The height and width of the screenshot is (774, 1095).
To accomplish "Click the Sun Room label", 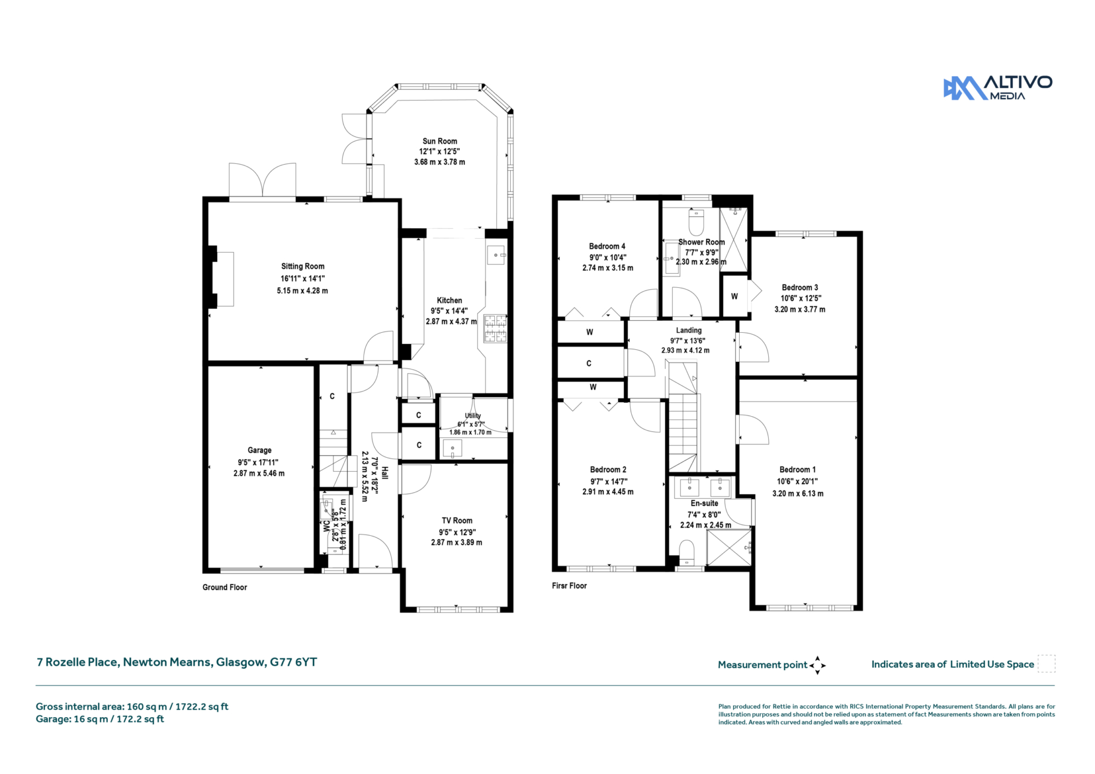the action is (440, 141).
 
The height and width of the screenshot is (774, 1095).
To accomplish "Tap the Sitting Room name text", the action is (303, 267).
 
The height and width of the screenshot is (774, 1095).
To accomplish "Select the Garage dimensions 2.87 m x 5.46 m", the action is (259, 473).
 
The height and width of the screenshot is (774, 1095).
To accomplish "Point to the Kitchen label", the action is (449, 301).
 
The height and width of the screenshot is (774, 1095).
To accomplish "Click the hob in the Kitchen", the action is (495, 328).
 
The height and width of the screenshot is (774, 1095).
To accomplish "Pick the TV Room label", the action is (457, 521).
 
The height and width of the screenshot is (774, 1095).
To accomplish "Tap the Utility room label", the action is (473, 416).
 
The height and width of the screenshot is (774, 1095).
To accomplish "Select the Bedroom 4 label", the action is (607, 246).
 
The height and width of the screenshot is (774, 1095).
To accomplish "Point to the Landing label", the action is (689, 331).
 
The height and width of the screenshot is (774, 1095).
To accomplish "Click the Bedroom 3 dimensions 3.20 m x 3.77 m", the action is (800, 309).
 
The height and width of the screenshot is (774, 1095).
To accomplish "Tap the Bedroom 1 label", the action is (798, 470).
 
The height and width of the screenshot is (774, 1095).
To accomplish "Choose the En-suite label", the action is (705, 504).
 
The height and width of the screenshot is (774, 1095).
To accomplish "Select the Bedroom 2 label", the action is (608, 470).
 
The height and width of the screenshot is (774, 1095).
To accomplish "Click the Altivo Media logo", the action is (998, 88).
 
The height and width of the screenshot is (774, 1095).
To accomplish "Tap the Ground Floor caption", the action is (225, 587).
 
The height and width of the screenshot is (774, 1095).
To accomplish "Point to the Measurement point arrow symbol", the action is (817, 666).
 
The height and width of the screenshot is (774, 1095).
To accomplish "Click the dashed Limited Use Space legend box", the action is (1046, 664).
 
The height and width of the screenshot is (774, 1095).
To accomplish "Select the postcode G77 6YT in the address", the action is (293, 662).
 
